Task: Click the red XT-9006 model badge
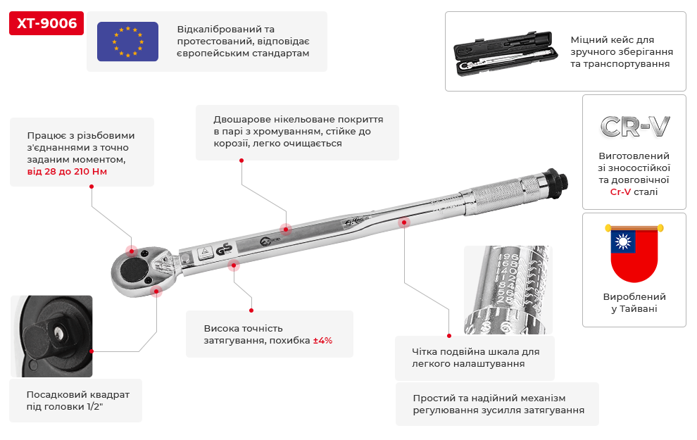(46, 23)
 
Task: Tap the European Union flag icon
(127, 42)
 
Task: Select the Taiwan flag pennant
(634, 253)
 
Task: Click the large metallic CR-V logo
(635, 127)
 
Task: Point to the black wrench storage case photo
(506, 54)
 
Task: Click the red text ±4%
(322, 341)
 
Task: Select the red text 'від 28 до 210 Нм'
(67, 172)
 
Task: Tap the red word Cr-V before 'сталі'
(620, 192)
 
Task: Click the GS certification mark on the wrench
(224, 249)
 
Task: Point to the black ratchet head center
(134, 268)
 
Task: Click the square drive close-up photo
(51, 337)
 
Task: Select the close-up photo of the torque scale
(508, 290)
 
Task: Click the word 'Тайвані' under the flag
(639, 309)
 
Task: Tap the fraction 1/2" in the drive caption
(94, 407)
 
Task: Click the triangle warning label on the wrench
(205, 253)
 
